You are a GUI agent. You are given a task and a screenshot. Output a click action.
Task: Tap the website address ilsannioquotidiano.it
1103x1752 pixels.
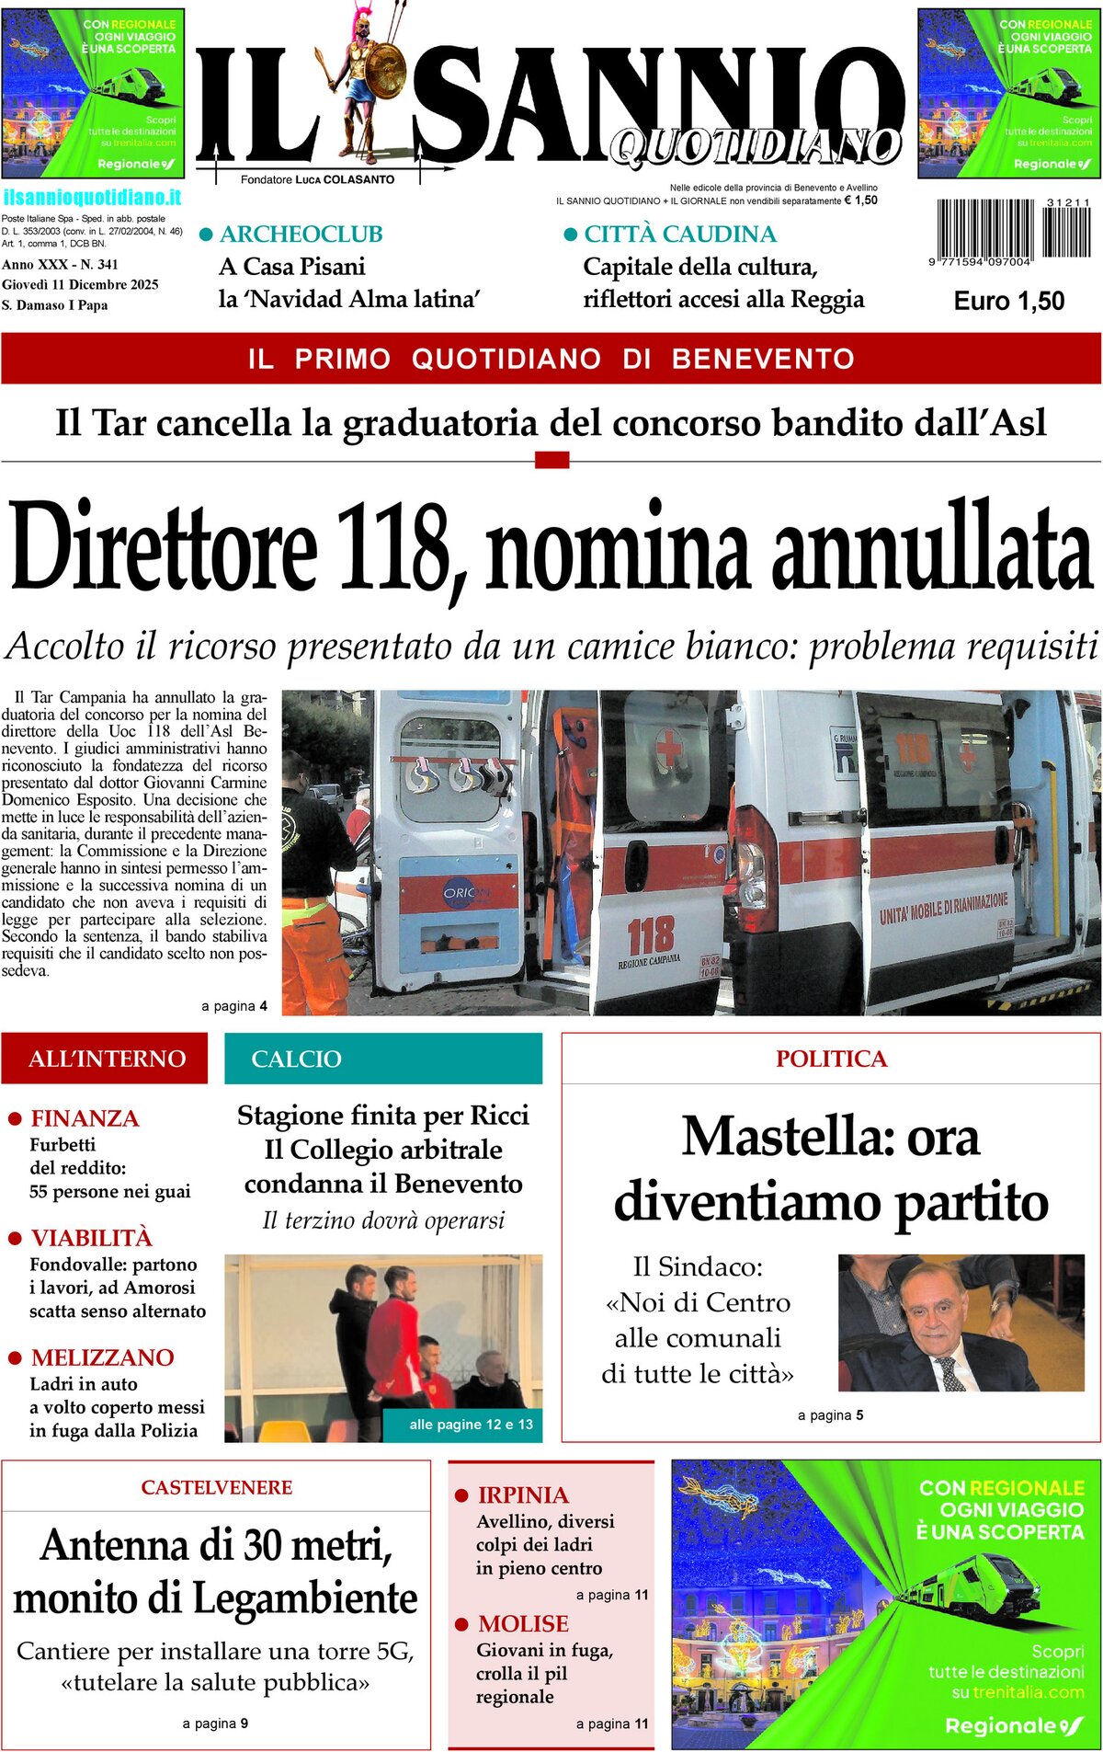[92, 198]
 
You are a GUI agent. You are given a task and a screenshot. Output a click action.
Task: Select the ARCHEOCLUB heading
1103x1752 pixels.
[301, 235]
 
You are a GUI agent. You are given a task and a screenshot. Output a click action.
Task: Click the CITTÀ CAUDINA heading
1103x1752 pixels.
[679, 235]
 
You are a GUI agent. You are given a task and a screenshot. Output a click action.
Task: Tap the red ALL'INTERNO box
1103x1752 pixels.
[106, 1059]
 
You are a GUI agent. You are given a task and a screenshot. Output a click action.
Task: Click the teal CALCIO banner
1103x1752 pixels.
[383, 1059]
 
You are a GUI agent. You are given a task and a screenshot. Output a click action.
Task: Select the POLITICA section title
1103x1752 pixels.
[831, 1059]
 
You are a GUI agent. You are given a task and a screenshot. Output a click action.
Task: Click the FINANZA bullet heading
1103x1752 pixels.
[85, 1118]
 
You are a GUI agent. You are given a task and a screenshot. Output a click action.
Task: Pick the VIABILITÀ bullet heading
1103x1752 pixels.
[91, 1238]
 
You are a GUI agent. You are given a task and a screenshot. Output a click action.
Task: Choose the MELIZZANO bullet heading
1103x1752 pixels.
[102, 1357]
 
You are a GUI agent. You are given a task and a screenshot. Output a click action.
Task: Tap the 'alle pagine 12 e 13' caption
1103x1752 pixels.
[471, 1425]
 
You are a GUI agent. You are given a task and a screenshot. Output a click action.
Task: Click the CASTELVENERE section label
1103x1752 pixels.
[217, 1487]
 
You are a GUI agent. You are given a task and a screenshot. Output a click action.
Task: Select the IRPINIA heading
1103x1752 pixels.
[523, 1495]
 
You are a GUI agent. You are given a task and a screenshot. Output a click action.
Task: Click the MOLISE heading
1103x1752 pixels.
[523, 1623]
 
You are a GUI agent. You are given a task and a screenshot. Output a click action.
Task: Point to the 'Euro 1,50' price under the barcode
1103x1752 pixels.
[1008, 301]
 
